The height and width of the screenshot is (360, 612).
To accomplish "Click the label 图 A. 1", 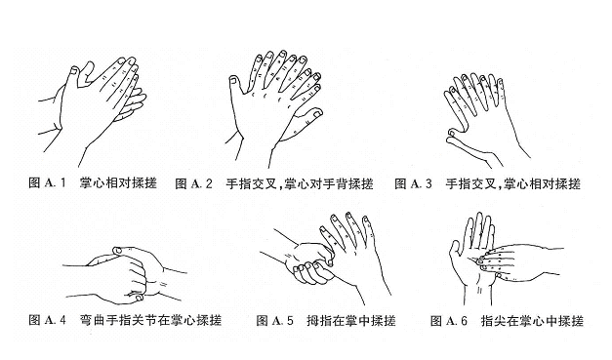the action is point(47,182).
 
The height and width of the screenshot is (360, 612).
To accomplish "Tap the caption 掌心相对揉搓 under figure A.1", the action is point(118,182).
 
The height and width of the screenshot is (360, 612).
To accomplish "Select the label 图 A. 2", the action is point(193,183).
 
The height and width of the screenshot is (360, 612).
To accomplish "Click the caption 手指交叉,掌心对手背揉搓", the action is point(300,183).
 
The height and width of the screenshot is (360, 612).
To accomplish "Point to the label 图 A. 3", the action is point(413,183).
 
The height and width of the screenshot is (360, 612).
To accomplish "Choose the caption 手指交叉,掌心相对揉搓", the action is point(512,183).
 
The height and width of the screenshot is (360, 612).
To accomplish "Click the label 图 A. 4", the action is point(47,320).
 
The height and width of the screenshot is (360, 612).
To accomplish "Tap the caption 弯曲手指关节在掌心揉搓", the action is point(150,320).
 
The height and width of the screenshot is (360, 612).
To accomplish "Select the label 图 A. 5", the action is point(274,321).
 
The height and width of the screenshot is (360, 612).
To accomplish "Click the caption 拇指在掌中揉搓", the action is point(351,321).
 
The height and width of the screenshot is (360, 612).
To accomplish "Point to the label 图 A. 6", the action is point(449,321).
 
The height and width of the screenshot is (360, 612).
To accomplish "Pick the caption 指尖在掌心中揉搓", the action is point(532,321).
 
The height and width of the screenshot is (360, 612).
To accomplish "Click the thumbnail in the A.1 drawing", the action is point(73,70).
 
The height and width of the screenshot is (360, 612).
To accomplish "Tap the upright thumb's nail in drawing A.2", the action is point(233,80).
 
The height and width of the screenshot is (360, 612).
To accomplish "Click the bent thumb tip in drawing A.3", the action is point(451,134).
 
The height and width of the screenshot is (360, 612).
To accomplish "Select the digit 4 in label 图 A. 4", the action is point(62,320).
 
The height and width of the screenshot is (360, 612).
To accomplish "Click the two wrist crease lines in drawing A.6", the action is point(479,290).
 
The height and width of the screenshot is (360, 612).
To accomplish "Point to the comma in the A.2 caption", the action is point(281,187).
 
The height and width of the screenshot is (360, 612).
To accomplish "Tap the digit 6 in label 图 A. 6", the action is point(464,321).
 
